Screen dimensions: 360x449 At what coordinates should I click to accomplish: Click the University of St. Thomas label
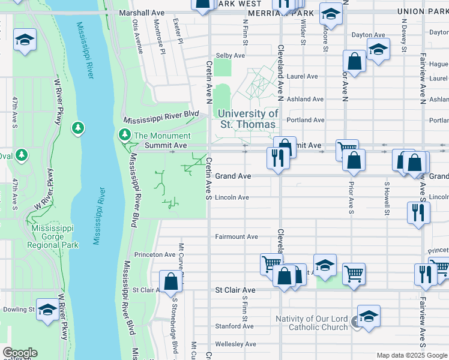coord(248,119)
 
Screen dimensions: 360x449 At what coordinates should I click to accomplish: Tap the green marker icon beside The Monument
coord(125,135)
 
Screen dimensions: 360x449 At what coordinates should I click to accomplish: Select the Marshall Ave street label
coord(142,13)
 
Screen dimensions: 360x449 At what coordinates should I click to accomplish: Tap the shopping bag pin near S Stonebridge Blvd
coord(171,281)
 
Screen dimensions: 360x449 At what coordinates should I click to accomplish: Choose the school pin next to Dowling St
coord(47,309)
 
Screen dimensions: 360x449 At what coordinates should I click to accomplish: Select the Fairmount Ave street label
coord(237,237)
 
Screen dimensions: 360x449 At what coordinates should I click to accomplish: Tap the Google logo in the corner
coord(20,353)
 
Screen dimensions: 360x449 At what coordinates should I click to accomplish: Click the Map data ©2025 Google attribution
coord(411,355)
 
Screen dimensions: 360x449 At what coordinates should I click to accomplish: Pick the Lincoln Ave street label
coord(232,197)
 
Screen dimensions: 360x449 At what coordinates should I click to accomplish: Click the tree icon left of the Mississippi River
coord(77,128)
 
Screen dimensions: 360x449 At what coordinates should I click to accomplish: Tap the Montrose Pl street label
coord(160,36)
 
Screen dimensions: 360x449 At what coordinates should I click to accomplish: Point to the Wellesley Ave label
coord(236,344)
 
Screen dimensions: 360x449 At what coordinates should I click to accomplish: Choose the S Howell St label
coord(387,199)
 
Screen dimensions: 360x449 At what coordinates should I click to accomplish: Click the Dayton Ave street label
coord(368,35)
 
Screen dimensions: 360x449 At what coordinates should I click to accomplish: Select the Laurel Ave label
coord(303,77)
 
